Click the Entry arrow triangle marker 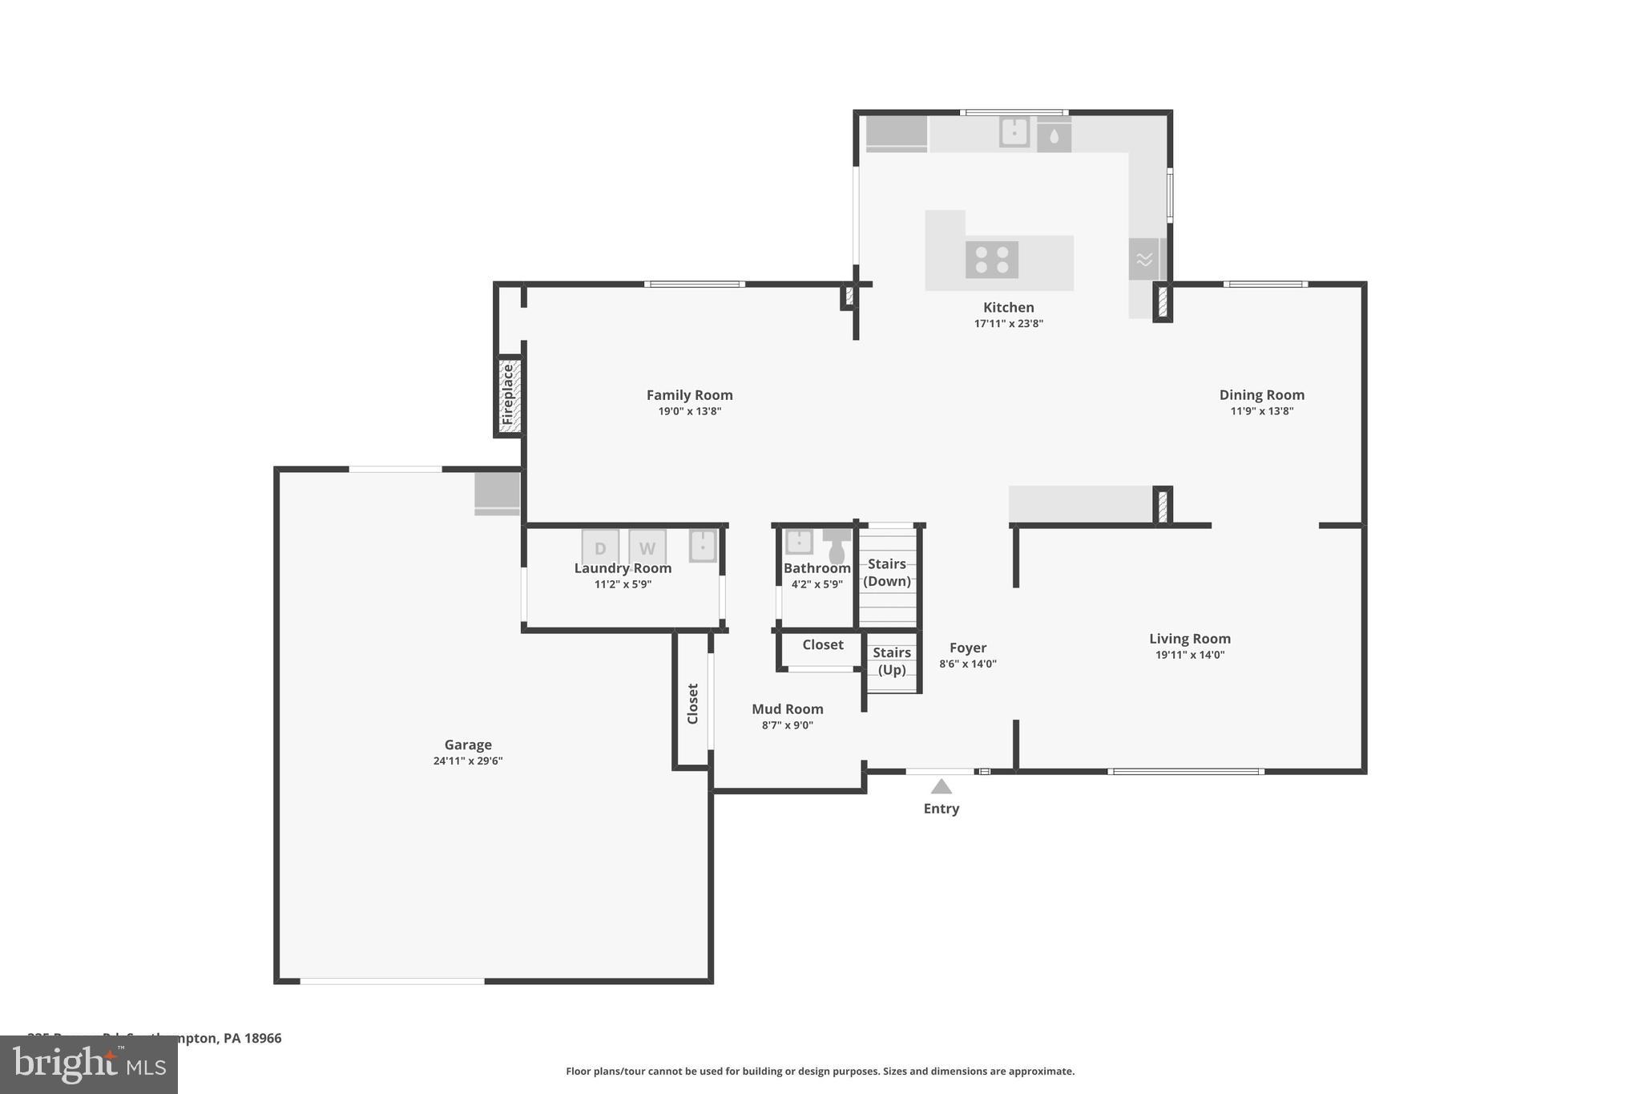click(x=941, y=786)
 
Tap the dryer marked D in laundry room click(x=600, y=547)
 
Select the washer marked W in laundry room click(x=647, y=547)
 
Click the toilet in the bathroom click(x=837, y=547)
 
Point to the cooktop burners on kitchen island click(x=992, y=260)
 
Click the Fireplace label click(x=507, y=394)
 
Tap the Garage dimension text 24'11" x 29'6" click(x=468, y=761)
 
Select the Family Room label click(x=689, y=394)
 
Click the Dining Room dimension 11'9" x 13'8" click(x=1261, y=411)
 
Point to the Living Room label click(x=1189, y=638)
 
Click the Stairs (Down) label click(x=887, y=572)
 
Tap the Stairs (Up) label click(x=892, y=661)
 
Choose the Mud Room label click(x=787, y=708)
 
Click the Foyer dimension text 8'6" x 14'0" click(x=967, y=664)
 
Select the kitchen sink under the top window click(x=1014, y=132)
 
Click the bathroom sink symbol click(x=799, y=542)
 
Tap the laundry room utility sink click(x=703, y=546)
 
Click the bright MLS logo click(x=89, y=1064)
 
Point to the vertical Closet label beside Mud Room click(x=693, y=703)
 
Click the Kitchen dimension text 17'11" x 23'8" click(x=1008, y=324)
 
